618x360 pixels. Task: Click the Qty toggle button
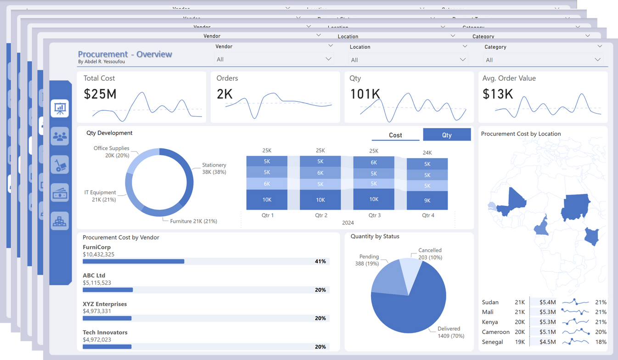tap(447, 135)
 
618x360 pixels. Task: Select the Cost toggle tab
tap(395, 135)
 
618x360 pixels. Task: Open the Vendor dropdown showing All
tap(273, 59)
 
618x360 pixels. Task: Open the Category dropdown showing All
tap(543, 60)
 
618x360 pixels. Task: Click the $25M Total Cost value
tap(100, 94)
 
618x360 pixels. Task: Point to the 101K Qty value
tap(365, 94)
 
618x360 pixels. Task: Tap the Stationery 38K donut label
tap(214, 169)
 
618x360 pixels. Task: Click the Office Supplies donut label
tap(111, 152)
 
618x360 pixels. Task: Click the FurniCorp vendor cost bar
tap(133, 261)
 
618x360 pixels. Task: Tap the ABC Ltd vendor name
tap(94, 276)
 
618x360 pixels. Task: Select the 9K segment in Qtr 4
tap(427, 200)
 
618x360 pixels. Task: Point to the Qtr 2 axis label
tap(321, 215)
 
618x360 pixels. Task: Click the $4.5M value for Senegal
tap(547, 342)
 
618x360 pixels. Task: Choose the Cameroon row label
tap(496, 332)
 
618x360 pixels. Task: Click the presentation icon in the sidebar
tap(60, 108)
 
